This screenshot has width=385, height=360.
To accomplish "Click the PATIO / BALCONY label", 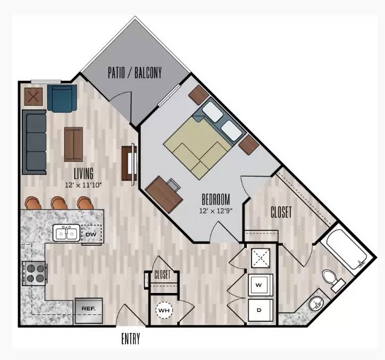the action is [135, 72].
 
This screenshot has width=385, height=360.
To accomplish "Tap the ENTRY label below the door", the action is [131, 339].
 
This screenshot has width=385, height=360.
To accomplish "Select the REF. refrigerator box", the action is [89, 311].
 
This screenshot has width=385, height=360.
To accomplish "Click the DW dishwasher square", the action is [91, 235].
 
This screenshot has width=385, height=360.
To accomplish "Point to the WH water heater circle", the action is [164, 311].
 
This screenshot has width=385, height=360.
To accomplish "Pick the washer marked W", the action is [261, 285].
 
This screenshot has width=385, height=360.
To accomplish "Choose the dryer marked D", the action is [261, 310].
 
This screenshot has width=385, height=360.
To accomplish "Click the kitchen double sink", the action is [66, 232].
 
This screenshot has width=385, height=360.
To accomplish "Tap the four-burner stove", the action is [35, 273].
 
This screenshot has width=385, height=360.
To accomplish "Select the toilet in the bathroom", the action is [333, 280].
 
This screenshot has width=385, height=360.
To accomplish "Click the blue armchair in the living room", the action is [62, 98].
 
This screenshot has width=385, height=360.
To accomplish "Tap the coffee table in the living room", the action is [74, 144].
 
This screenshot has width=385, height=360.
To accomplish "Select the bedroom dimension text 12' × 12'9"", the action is [216, 211].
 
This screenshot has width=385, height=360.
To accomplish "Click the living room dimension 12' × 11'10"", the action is [83, 185].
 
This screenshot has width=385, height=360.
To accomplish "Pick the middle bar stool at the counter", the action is [59, 203].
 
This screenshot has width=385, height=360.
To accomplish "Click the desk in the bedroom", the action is [164, 194].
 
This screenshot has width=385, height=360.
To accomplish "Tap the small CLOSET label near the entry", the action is [162, 275].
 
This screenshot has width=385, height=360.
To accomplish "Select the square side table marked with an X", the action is [34, 97].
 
